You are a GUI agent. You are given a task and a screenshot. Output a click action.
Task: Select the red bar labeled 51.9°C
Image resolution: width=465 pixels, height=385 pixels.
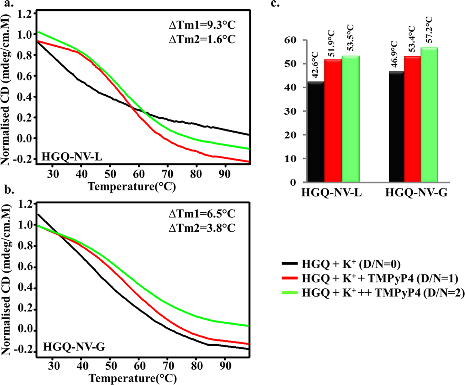[333, 121]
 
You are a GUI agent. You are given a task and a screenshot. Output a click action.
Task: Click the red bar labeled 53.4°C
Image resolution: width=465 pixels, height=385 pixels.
[412, 119]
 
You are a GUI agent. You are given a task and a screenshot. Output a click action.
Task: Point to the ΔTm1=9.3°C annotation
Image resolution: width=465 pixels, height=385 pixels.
[202, 25]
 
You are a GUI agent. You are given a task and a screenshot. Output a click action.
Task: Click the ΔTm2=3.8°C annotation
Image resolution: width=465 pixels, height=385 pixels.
[202, 228]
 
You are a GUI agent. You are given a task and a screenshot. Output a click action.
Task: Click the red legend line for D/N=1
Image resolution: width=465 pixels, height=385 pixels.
[290, 278]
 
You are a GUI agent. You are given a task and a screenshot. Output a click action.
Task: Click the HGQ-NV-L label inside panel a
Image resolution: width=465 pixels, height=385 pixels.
[72, 157]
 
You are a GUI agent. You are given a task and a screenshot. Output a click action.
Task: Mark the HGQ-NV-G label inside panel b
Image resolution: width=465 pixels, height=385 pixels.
[74, 346]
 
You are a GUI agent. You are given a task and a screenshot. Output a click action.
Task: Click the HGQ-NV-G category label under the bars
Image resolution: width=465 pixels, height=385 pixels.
[416, 192]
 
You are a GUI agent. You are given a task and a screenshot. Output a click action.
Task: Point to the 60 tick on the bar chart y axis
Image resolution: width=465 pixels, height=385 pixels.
[291, 40]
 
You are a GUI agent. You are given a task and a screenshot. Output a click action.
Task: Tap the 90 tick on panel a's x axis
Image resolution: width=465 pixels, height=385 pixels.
[225, 174]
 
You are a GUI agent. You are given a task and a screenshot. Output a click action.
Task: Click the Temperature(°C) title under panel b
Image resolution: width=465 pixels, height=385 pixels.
[133, 378]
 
